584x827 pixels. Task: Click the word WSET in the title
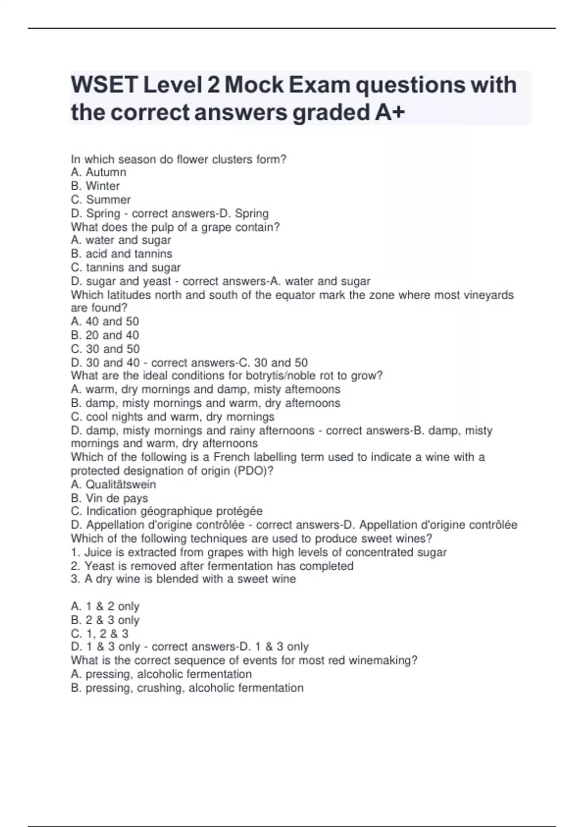point(105,85)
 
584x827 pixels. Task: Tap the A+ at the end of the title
point(390,112)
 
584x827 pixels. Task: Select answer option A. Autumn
point(98,172)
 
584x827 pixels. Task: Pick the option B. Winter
point(95,186)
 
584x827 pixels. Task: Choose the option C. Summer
point(101,199)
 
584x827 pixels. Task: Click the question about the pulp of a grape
point(175,227)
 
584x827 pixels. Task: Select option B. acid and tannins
point(121,253)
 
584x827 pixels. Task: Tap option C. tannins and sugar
point(126,267)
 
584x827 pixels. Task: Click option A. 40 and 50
point(105,321)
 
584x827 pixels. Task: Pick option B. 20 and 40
point(105,335)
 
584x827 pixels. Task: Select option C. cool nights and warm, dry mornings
point(172,416)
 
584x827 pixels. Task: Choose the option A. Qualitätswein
point(113,484)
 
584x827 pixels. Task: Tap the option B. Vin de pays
point(109,498)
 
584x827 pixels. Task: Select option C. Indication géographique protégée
point(166,511)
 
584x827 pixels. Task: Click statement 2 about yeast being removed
point(212,566)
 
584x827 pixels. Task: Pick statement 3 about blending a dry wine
point(183,579)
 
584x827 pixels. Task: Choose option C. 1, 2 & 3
point(99,633)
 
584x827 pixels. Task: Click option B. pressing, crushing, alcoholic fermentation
point(187,687)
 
